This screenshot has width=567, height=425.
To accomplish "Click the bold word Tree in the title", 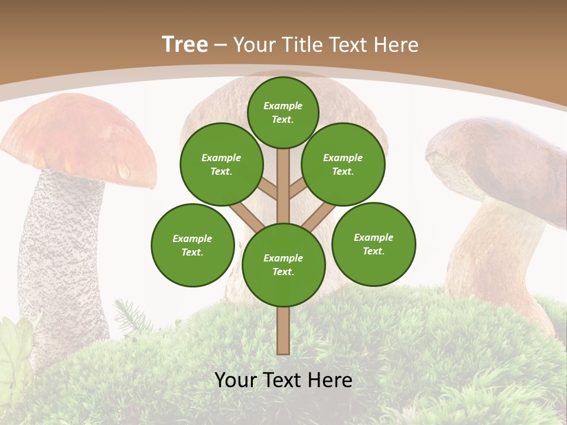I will (185, 44).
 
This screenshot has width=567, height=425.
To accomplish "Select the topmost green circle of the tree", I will (283, 112).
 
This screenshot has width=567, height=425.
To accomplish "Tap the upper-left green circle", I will (221, 164).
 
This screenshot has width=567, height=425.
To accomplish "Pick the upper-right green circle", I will (343, 164).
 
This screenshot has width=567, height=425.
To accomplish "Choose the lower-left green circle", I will (193, 245).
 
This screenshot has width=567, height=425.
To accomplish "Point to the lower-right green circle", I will (373, 244).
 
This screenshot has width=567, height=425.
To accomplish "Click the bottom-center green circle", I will (283, 264).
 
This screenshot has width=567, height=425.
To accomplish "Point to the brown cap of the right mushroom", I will (502, 159).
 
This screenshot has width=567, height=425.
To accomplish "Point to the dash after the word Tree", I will (221, 45).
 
